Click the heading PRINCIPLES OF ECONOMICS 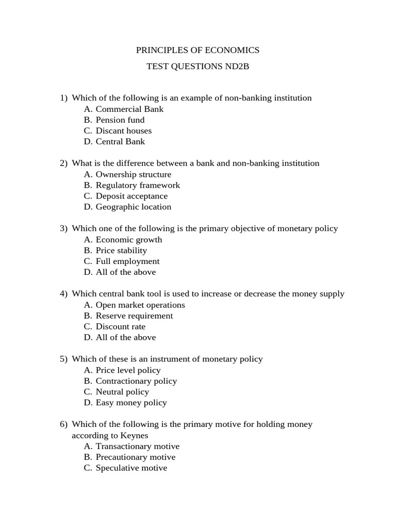(197, 50)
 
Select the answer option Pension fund (120, 120)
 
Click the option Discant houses (124, 130)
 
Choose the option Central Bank (120, 141)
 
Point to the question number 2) (64, 163)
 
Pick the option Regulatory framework (138, 185)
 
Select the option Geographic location (133, 207)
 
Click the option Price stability (121, 250)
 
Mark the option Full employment (127, 261)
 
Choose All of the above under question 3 (125, 272)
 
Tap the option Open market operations (140, 305)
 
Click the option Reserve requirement (134, 316)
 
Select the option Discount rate (121, 326)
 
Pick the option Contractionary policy (136, 381)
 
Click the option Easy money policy (131, 402)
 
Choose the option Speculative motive (131, 468)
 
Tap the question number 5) (64, 359)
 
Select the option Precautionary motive (136, 457)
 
